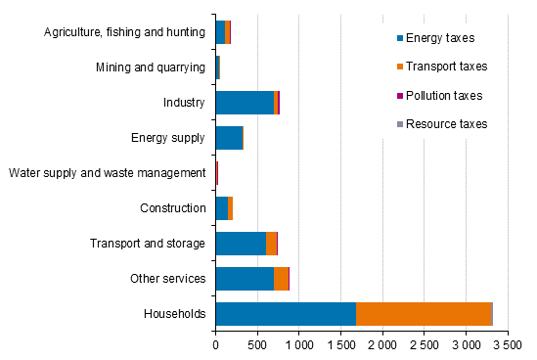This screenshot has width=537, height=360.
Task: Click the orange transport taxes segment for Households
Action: pos(423,313)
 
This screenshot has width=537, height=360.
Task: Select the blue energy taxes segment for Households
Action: pos(286,313)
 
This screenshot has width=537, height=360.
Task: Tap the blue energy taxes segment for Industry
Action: pos(245,102)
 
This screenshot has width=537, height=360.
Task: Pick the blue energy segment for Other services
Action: pos(245,279)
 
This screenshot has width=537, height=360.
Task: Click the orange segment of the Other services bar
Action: pos(281,279)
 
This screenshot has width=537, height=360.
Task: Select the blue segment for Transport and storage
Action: pos(241,244)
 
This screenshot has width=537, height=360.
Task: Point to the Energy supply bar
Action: pos(229,137)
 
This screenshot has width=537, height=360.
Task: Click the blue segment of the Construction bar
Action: pos(221,207)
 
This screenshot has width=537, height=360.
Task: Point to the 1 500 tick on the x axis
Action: pos(340,345)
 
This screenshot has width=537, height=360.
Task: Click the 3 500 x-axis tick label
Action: pos(507,345)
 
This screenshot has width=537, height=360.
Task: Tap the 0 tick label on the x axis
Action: pos(215,345)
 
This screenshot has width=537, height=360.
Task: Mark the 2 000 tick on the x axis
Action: pos(381,345)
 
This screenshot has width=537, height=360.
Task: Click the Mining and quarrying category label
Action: pos(151,67)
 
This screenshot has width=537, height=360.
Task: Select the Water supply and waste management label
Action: pos(107,173)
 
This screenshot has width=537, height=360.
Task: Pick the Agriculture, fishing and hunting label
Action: pos(124,32)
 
